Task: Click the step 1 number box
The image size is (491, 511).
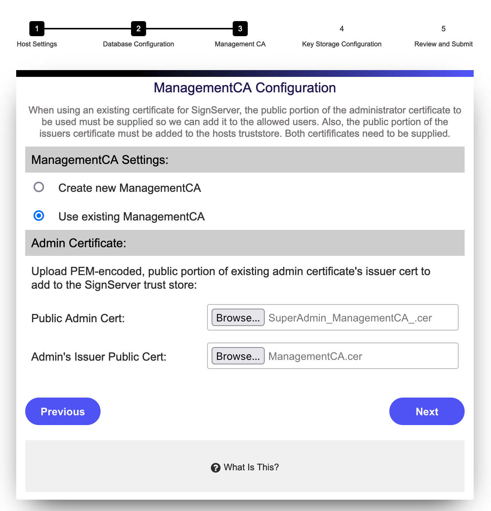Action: pos(37,29)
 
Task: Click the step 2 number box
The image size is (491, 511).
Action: pos(139,29)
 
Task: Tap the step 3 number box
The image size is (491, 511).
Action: pos(240,29)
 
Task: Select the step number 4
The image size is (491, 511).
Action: pos(342,29)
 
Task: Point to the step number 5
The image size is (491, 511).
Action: pos(443,29)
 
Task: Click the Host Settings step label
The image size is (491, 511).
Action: pos(37,44)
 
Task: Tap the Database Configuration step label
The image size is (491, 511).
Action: pos(139,44)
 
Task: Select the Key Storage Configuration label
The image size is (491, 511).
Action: pos(342,44)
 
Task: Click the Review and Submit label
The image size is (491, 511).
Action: pos(443,44)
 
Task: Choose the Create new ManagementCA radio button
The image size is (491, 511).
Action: pos(39,187)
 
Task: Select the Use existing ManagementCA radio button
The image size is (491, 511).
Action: pos(39,216)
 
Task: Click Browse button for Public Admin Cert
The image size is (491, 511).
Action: pos(238,318)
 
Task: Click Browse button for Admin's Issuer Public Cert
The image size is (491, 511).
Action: pos(238,356)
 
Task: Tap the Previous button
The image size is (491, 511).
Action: pos(63,412)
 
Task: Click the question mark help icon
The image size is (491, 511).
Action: pos(216,468)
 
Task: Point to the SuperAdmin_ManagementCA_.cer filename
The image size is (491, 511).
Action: pos(350,318)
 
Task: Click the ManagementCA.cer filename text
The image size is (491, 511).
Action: pos(315,356)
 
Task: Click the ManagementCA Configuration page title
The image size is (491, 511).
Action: pos(245,88)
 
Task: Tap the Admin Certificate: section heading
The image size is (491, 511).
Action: pos(79,243)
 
